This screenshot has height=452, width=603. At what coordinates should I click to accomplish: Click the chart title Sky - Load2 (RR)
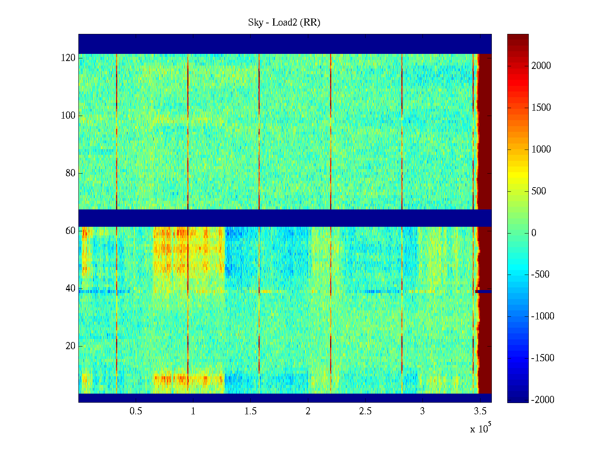click(x=284, y=23)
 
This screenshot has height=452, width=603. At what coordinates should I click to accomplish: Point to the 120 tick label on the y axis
click(x=68, y=58)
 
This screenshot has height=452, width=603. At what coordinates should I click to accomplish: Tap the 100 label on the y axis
click(x=68, y=116)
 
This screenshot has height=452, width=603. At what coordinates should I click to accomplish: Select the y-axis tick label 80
click(x=70, y=173)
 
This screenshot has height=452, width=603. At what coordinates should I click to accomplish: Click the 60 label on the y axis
click(x=70, y=231)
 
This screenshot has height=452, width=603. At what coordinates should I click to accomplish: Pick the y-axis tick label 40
click(x=70, y=289)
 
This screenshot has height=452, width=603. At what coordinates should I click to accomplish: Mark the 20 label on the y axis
click(x=70, y=346)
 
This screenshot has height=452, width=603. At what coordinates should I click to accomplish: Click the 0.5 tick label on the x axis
click(x=136, y=411)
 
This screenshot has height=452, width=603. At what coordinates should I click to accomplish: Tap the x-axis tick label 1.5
click(x=251, y=411)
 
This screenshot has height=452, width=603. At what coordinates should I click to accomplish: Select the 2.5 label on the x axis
click(x=365, y=411)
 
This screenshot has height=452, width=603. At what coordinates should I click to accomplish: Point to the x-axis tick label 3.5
click(x=480, y=411)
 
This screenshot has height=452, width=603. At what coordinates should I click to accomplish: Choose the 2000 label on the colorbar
click(x=541, y=66)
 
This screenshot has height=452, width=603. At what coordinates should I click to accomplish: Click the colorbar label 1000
click(x=541, y=150)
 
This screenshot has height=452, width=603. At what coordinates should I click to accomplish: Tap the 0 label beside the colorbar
click(x=534, y=233)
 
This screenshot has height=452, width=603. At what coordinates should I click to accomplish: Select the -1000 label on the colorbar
click(x=543, y=316)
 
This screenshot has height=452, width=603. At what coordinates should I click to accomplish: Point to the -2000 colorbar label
click(x=543, y=400)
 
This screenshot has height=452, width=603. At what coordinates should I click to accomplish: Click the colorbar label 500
click(x=539, y=191)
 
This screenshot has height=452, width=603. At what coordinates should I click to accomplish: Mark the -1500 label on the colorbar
click(x=543, y=358)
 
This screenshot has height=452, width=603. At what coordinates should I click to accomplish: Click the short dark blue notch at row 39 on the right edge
click(x=484, y=291)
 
